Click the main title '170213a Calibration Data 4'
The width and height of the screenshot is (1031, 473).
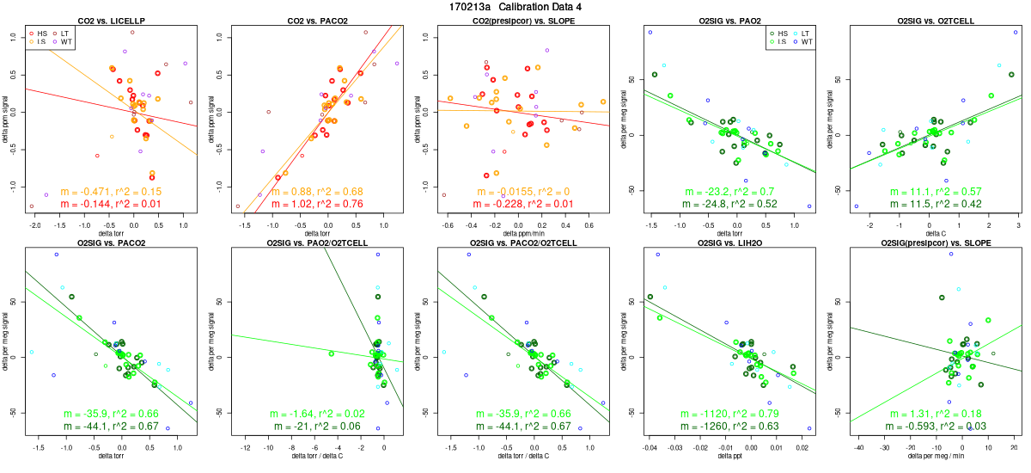point(515,7)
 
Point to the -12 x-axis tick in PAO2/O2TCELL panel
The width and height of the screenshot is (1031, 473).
point(246,446)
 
